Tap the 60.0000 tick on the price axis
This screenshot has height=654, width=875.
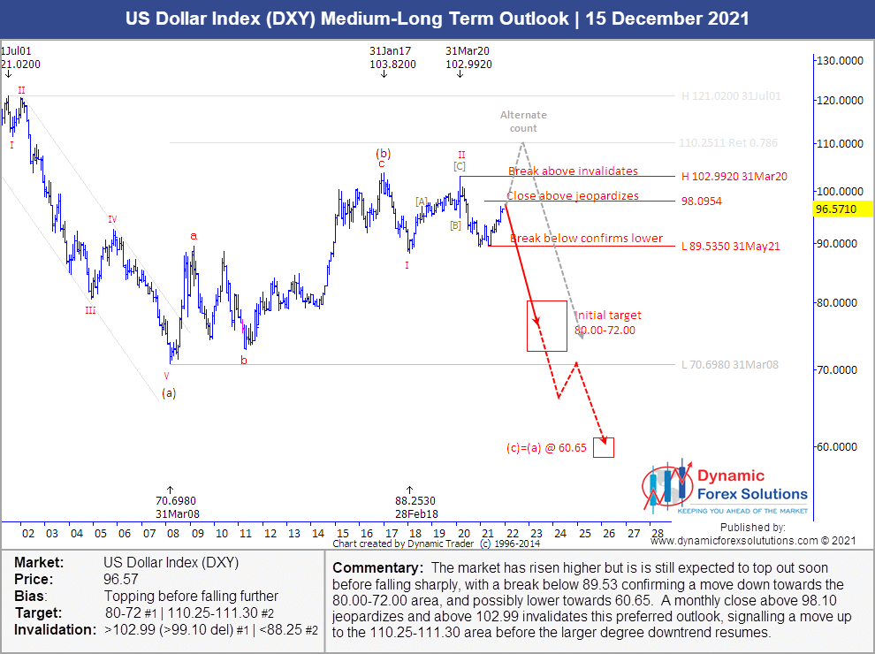(x=839, y=446)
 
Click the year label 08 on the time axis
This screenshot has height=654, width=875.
(x=172, y=534)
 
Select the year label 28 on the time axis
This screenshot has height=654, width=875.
(x=657, y=534)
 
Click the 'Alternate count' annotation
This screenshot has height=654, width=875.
(x=524, y=121)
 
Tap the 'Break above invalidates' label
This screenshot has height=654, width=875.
(x=573, y=171)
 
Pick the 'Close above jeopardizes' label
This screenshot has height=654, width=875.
(x=572, y=196)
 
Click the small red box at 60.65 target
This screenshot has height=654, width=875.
(x=604, y=447)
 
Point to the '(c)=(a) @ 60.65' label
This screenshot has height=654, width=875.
(x=546, y=448)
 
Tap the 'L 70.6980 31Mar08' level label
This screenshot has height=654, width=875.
(x=730, y=364)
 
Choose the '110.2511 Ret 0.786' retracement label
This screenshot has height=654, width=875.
(x=729, y=142)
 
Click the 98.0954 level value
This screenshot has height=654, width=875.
(x=703, y=202)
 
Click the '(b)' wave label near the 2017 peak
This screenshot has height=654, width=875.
(x=384, y=153)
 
